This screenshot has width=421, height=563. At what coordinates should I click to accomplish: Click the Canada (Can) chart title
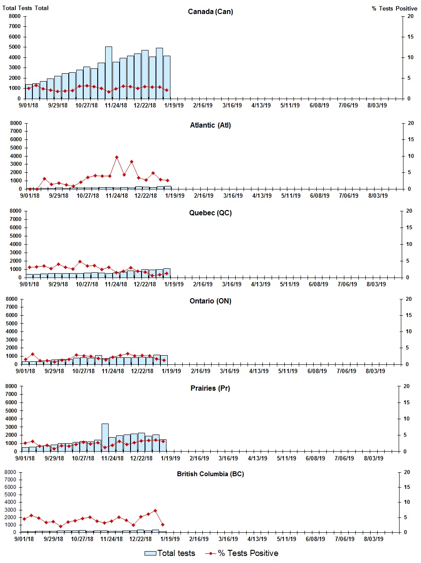point(210,11)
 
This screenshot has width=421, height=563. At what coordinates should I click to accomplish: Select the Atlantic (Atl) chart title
point(210,125)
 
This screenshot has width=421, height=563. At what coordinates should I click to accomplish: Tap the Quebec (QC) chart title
point(210,213)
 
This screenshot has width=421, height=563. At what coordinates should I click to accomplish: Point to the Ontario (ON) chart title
point(210,301)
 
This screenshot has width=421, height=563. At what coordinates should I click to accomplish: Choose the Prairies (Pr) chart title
point(210,388)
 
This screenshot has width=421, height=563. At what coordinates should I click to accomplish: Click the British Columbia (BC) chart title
point(210,474)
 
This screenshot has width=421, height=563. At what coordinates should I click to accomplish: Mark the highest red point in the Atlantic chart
point(117,157)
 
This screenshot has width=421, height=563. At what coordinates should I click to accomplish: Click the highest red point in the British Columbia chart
point(155,511)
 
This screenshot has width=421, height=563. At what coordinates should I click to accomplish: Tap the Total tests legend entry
point(170,553)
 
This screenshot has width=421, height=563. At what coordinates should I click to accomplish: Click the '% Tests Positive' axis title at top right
point(394,8)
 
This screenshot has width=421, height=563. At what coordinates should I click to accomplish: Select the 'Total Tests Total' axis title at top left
point(25,8)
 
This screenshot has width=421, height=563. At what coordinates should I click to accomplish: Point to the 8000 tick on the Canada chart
point(14,16)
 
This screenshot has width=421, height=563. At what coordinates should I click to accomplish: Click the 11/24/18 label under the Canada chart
point(116,105)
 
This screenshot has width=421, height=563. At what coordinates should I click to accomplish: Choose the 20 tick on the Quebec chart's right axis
point(409,211)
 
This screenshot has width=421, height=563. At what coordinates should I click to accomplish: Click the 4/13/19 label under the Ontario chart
point(258,371)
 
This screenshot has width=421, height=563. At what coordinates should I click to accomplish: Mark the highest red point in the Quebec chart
point(80,262)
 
